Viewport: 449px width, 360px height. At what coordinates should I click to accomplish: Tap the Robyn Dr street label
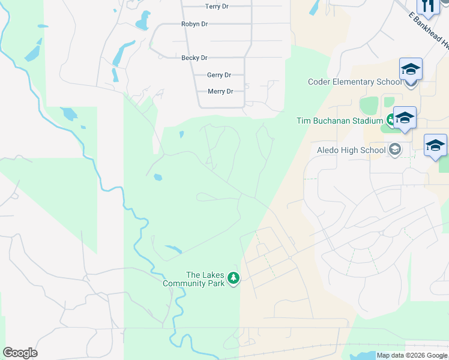coord(194,24)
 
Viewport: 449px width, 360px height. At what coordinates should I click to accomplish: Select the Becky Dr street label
coord(194,58)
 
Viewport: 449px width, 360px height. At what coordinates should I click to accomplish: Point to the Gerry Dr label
coord(219,75)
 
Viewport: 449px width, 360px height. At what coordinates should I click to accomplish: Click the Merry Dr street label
coord(220,91)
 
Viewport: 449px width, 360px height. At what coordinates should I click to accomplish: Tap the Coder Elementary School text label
coord(355,82)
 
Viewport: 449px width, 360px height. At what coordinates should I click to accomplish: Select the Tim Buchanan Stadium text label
coord(340,121)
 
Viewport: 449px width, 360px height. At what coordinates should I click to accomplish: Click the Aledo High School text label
coord(352,150)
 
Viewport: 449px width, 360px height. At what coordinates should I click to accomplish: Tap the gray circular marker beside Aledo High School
coord(395,149)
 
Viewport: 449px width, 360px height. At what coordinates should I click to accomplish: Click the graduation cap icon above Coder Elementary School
coord(411,69)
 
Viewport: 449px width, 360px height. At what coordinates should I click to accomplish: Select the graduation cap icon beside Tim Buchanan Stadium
coord(405,117)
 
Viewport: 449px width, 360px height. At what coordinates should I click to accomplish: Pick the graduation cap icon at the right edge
coord(435,145)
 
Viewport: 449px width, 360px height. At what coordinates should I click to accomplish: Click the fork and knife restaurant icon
coord(428,6)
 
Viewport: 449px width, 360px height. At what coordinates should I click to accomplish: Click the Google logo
coord(20,353)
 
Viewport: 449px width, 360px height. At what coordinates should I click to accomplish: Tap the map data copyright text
coord(412,356)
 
